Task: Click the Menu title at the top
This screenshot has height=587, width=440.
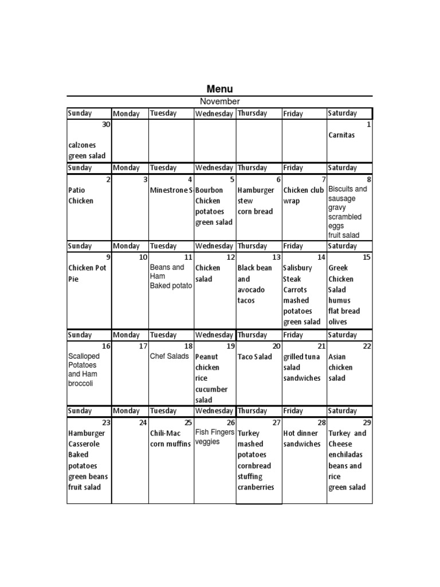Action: pyautogui.click(x=219, y=89)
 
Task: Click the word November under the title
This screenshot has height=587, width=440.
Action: pyautogui.click(x=219, y=101)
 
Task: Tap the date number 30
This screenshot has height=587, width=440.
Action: pyautogui.click(x=106, y=124)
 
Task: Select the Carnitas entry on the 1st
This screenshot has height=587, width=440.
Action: pyautogui.click(x=341, y=135)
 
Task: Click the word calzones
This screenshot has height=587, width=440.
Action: pyautogui.click(x=82, y=146)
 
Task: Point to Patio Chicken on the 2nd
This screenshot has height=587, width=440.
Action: pyautogui.click(x=81, y=195)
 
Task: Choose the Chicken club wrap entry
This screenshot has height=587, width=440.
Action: pyautogui.click(x=303, y=195)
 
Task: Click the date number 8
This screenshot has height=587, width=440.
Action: pyautogui.click(x=369, y=179)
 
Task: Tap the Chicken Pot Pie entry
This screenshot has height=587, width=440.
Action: pyautogui.click(x=87, y=273)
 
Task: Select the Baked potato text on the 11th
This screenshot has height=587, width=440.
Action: pyautogui.click(x=171, y=285)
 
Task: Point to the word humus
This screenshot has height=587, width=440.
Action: pyautogui.click(x=339, y=300)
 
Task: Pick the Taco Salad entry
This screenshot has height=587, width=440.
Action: pyautogui.click(x=255, y=357)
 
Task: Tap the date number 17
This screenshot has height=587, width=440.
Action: pyautogui.click(x=143, y=346)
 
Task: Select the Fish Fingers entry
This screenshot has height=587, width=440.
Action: pyautogui.click(x=215, y=432)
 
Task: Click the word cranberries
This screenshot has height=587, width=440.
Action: pyautogui.click(x=256, y=487)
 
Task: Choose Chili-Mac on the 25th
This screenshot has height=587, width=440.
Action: pyautogui.click(x=166, y=433)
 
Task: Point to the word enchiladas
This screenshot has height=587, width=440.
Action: pyautogui.click(x=345, y=455)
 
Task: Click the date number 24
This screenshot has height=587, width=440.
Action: pyautogui.click(x=143, y=422)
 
